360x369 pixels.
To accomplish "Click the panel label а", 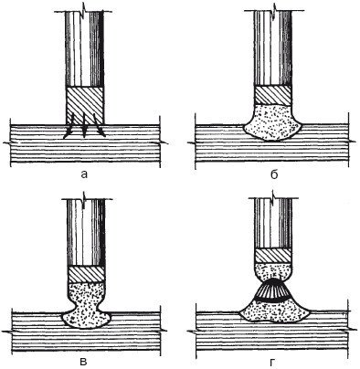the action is pos(84,174).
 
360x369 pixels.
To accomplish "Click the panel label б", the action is pos(274,174).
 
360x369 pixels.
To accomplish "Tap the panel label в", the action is pos(84,362).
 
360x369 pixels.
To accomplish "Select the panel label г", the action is pos(271,362).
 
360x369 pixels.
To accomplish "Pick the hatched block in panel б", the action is pos(272,96).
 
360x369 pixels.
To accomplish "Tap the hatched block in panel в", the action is pos(86,275).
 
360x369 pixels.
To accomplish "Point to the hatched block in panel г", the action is pos(273,256).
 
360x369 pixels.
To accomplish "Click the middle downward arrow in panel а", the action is pos(84,125).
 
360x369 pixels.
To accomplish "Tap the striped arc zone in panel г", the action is pos(273,290).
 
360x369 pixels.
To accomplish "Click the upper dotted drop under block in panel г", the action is pos(273,271).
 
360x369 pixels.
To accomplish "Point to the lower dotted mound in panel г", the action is pos(274,311).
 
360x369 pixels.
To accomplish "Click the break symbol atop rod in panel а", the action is pos(85,12).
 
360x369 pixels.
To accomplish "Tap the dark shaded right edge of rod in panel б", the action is pos(288,48).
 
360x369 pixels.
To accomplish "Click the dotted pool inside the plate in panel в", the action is pos(86,319).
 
